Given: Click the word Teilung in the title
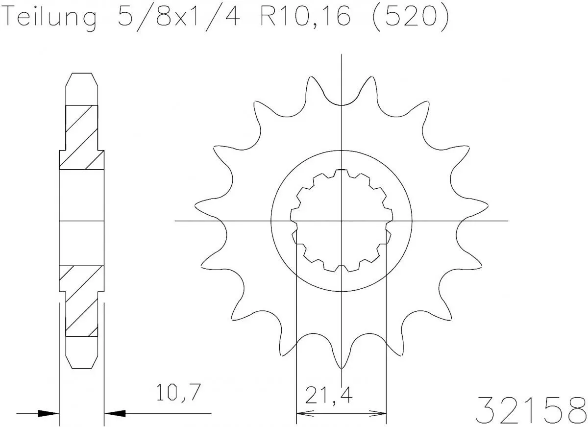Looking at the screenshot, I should pyautogui.click(x=49, y=18).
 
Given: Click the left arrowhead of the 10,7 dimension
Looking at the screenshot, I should pyautogui.click(x=49, y=413).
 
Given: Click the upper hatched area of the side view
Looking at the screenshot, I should pyautogui.click(x=81, y=137).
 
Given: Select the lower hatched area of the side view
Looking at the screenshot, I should pyautogui.click(x=81, y=301).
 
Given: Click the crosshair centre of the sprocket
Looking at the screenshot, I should pyautogui.click(x=342, y=221).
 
